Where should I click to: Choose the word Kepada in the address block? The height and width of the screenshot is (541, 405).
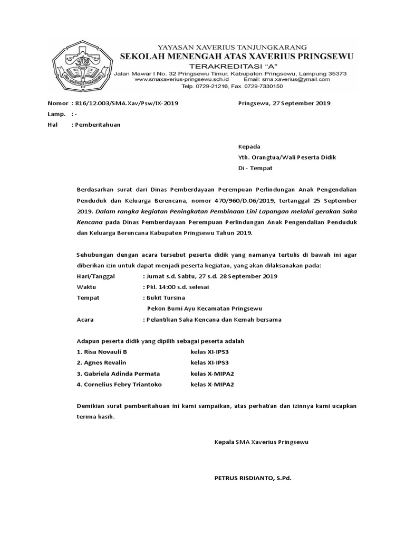(249, 146)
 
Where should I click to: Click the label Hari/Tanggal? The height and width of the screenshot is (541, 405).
(99, 276)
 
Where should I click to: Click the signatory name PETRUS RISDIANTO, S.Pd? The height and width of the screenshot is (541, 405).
(253, 478)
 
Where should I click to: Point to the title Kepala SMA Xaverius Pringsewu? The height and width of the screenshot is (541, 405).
(261, 441)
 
